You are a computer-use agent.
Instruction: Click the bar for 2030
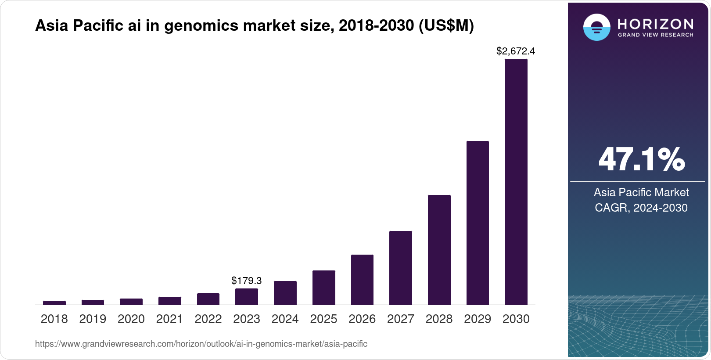click(x=516, y=182)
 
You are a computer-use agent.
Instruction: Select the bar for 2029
click(x=478, y=223)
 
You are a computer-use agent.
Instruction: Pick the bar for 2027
click(x=400, y=267)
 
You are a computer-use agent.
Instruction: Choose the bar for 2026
click(x=362, y=279)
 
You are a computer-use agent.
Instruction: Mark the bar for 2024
click(x=285, y=292)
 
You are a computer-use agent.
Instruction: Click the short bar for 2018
click(x=54, y=302)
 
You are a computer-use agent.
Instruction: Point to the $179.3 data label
click(x=246, y=281)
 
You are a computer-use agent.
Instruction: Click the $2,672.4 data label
click(x=515, y=51)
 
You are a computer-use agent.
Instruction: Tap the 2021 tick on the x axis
click(x=169, y=319)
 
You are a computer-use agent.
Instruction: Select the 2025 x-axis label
click(x=323, y=319)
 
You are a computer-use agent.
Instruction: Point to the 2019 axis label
click(x=93, y=319)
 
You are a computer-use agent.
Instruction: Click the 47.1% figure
click(x=641, y=159)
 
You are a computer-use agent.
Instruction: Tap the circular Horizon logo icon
click(x=596, y=27)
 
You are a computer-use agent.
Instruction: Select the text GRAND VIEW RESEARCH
click(x=655, y=35)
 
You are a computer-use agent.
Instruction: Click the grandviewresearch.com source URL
click(x=201, y=344)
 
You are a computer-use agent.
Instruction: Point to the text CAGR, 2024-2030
click(x=641, y=208)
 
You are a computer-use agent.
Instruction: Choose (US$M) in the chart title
click(x=446, y=26)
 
